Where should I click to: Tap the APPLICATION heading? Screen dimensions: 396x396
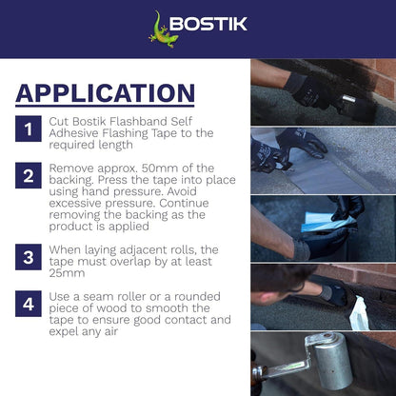coord(105,92)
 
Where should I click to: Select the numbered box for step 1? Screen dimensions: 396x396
coord(30,129)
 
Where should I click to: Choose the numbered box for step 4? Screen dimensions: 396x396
coord(30,305)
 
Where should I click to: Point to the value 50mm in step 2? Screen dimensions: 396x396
coord(156,175)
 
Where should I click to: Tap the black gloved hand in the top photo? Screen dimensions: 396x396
coord(319,90)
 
